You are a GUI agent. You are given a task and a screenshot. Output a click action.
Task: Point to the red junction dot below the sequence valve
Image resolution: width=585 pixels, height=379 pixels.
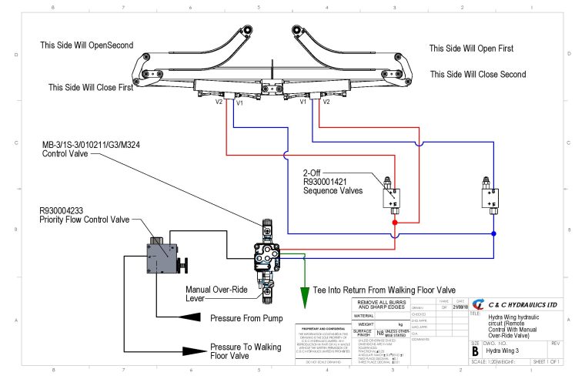pos(395,223)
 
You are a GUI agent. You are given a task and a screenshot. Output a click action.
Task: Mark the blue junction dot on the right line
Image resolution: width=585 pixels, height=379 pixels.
pos(493,233)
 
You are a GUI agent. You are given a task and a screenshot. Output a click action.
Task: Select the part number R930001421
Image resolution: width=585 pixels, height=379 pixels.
pos(329,182)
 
